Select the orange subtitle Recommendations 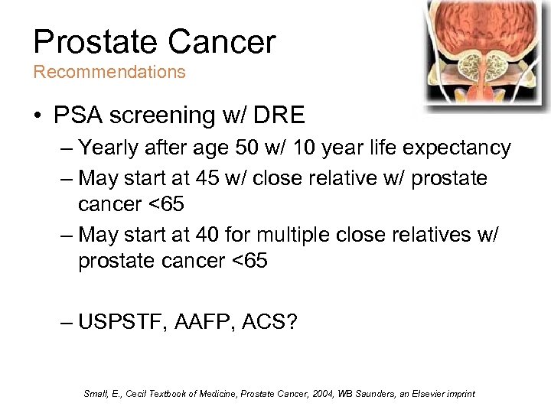pyautogui.click(x=109, y=72)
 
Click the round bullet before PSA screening pyautogui.click(x=37, y=116)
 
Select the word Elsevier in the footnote pyautogui.click(x=432, y=394)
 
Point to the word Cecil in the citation pyautogui.click(x=125, y=394)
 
